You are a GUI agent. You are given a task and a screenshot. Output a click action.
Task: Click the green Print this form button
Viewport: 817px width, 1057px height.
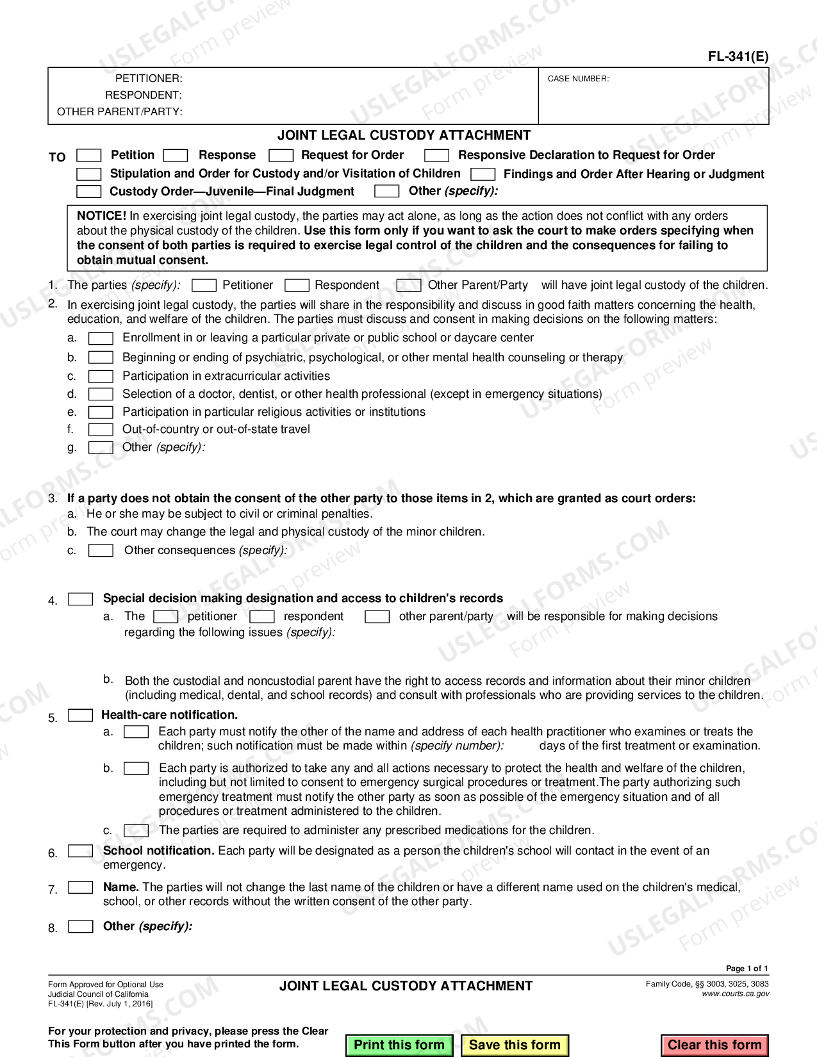399,1045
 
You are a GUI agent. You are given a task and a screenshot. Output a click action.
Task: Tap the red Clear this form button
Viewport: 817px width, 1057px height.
714,1045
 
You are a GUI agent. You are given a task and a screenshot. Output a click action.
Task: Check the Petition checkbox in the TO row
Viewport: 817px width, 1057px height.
88,156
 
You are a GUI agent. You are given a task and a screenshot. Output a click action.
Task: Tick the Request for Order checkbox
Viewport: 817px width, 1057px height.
281,156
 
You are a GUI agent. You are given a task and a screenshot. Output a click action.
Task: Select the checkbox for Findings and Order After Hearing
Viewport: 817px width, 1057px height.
483,174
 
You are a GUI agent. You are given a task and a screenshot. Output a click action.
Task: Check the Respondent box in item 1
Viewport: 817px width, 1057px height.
297,285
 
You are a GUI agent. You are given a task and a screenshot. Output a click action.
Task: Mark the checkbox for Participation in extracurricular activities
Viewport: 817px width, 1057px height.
101,376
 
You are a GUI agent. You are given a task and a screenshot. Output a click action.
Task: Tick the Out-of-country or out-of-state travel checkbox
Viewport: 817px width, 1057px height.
101,429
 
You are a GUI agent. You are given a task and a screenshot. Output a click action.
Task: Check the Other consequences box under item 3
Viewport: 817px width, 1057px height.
101,550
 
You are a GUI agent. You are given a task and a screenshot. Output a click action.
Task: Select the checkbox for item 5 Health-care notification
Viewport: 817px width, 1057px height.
80,715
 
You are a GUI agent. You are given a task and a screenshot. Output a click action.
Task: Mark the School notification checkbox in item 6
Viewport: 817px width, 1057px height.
80,851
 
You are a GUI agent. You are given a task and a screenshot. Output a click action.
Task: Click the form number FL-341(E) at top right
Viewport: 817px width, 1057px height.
738,56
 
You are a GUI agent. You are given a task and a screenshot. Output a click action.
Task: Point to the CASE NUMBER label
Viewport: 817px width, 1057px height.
578,79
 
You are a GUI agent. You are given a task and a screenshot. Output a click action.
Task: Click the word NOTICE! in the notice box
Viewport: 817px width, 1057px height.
101,216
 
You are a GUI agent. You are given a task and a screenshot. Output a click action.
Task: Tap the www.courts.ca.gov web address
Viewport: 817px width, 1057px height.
735,994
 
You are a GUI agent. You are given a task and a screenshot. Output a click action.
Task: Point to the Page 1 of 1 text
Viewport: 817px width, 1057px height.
747,969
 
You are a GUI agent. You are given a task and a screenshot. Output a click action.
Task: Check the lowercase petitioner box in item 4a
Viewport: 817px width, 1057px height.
165,616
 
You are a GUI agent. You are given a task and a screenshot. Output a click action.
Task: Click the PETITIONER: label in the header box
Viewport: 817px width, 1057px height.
149,79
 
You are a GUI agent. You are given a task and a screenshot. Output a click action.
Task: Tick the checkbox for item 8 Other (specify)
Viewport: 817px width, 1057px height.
80,926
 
